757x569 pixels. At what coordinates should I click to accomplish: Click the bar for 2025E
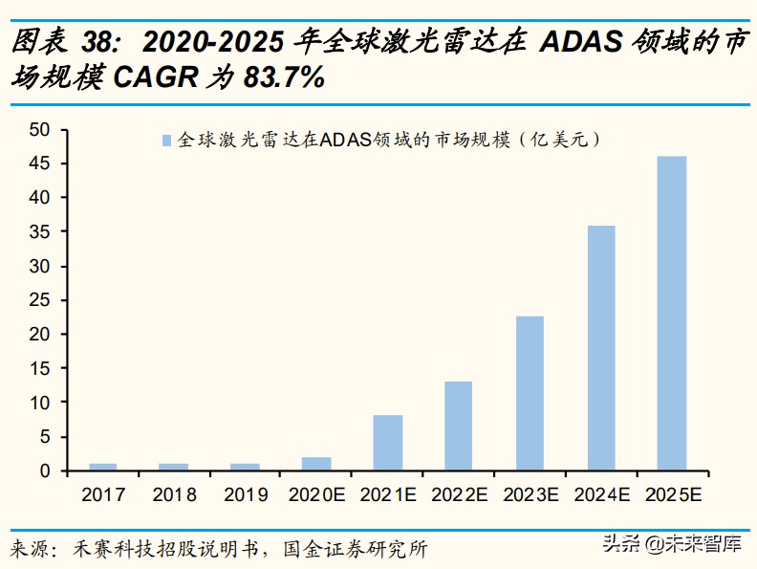tap(672, 313)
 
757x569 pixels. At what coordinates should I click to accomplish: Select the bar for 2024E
tap(600, 348)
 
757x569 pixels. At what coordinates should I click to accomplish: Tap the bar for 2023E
tap(529, 393)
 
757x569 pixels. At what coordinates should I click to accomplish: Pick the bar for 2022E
tap(458, 426)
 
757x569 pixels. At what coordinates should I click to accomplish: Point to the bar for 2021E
tap(387, 443)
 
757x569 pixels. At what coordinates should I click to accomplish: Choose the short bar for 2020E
tap(316, 464)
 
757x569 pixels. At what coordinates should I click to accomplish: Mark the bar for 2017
tap(102, 467)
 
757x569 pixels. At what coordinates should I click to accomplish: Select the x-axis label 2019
tap(245, 494)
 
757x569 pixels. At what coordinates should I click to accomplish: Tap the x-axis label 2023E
tap(529, 494)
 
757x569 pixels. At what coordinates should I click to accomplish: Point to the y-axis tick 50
tap(38, 129)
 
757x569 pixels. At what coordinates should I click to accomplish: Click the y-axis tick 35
tap(38, 231)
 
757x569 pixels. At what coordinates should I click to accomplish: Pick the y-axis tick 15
tap(38, 368)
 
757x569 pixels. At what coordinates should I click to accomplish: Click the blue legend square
tap(166, 141)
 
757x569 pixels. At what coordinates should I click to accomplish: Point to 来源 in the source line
tap(29, 550)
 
